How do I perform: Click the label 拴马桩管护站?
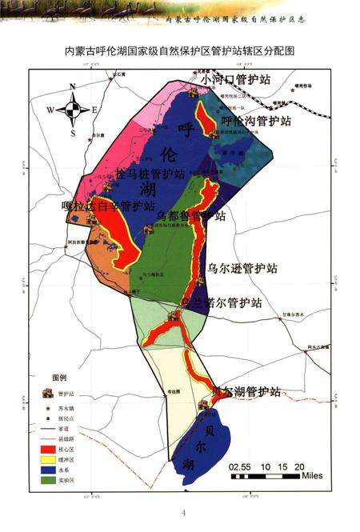click(150, 174)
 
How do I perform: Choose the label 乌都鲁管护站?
click(191, 216)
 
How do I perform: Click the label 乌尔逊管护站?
click(242, 267)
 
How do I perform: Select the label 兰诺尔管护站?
click(227, 304)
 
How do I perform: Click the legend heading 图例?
click(60, 378)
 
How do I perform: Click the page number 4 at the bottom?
click(183, 513)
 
